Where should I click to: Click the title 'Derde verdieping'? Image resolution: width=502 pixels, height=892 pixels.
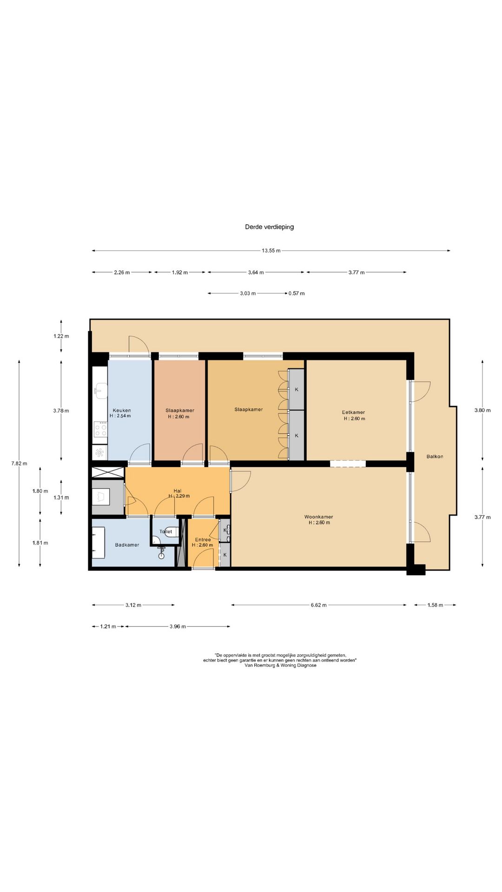point(269,227)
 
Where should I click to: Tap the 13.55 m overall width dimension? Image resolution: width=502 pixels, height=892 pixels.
point(271,250)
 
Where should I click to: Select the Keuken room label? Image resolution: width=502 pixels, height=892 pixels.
point(122,410)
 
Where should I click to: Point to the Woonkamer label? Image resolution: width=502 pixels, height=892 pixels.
point(318,517)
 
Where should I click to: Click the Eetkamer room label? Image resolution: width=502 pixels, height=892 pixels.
point(353,412)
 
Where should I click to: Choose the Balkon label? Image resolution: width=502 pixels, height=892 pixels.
point(435,456)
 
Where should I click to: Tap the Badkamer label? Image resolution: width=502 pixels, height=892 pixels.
point(127,544)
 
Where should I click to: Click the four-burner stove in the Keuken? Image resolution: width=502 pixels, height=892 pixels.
point(100,429)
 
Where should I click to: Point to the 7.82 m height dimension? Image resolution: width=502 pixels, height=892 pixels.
point(19,463)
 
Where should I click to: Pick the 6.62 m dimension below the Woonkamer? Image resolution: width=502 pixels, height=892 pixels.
point(318,605)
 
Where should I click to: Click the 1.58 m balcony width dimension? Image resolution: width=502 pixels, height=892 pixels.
point(435,605)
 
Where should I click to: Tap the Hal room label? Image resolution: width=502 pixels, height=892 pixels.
point(177,491)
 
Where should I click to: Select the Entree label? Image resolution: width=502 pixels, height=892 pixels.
point(203,539)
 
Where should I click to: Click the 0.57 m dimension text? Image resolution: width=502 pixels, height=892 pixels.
point(297,293)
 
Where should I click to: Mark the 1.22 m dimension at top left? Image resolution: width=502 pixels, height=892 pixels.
point(61,336)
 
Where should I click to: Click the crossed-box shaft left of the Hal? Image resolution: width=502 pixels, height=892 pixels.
point(108,472)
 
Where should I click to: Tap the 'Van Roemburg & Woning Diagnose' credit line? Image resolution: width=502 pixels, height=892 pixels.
point(280,665)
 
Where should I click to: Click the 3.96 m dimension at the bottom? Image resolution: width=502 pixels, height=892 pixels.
point(178,626)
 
